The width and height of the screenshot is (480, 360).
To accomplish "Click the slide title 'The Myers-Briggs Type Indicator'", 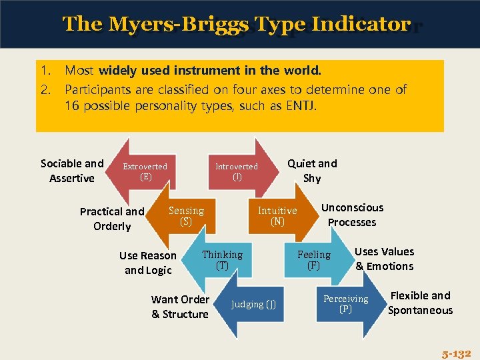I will click(x=236, y=24).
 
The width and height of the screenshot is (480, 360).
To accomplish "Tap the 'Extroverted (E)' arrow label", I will click(x=145, y=171).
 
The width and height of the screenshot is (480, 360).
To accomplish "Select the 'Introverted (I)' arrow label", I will click(x=237, y=171).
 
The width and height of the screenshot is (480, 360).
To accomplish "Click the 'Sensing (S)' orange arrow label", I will click(x=186, y=216).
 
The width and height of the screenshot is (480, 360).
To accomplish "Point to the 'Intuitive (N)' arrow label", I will click(x=277, y=216).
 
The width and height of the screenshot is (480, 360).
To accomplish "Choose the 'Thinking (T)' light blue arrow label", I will click(x=222, y=260).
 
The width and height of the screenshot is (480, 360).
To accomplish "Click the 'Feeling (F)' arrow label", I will click(x=314, y=260).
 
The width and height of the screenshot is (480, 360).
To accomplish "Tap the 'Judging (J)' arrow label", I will click(x=253, y=305).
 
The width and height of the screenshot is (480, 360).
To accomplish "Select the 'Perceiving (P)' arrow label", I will click(x=345, y=304).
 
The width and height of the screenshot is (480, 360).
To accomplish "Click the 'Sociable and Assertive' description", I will click(x=72, y=171).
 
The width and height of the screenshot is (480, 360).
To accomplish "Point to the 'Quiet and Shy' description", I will click(x=312, y=171).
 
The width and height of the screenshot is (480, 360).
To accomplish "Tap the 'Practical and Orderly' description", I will click(x=112, y=219).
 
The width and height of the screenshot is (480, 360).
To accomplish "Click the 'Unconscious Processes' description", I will click(x=352, y=215).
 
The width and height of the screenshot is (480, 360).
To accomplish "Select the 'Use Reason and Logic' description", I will click(x=148, y=263).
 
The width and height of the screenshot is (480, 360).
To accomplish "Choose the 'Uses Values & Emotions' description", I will click(x=384, y=259).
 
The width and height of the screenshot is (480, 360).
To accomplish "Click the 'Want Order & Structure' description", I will click(x=180, y=307).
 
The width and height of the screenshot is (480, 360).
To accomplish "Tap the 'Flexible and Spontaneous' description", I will click(x=420, y=303).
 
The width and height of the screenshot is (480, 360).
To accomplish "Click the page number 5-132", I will click(x=456, y=353).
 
